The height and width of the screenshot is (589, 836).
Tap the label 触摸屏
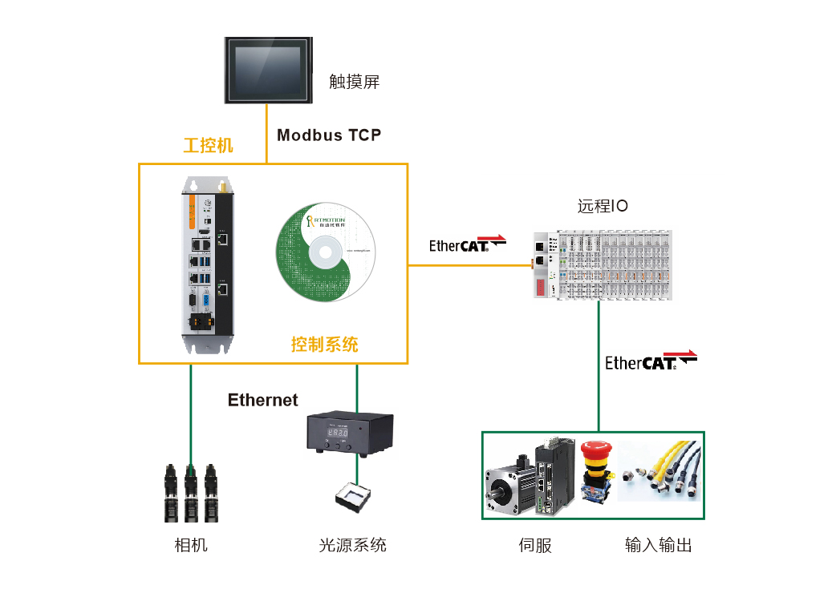tap(354, 82)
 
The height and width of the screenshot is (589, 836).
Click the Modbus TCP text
tap(329, 135)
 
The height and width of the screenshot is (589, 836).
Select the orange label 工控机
tap(209, 145)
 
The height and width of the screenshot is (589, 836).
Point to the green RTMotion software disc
tap(325, 252)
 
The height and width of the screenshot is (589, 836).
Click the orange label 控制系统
tap(324, 345)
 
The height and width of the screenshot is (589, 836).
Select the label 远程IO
tap(603, 206)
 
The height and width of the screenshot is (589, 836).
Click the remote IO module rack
tap(602, 265)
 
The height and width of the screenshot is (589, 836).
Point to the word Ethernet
tap(262, 400)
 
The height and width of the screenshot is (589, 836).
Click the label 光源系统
tap(352, 546)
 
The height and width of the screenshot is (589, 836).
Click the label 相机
tap(191, 546)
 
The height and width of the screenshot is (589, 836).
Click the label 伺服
tap(535, 547)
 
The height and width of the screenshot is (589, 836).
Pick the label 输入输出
tap(658, 547)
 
